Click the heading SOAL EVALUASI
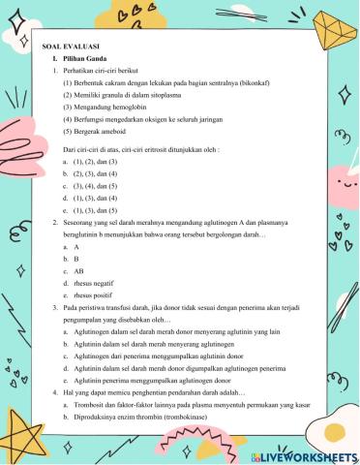pyautogui.click(x=70, y=47)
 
